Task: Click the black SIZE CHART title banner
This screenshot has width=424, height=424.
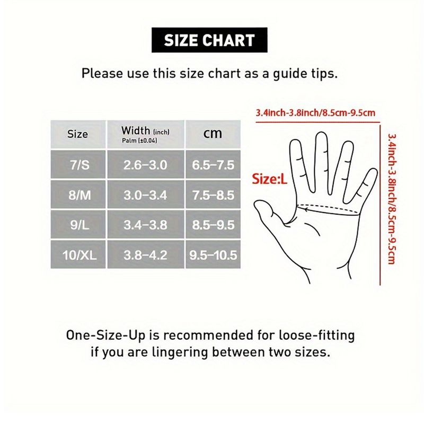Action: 209,40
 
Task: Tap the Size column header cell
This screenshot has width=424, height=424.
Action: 78,135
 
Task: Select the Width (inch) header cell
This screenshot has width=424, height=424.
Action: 146,135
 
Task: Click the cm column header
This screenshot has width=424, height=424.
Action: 213,135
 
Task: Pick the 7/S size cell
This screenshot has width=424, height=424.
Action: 78,165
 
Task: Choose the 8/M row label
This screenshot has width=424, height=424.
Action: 78,195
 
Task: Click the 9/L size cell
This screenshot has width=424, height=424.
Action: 78,225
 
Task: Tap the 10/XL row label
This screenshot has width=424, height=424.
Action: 78,255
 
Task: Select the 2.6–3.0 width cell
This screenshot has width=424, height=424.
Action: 146,165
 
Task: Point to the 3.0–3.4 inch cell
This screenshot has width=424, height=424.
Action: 146,195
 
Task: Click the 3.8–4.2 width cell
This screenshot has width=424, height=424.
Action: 146,255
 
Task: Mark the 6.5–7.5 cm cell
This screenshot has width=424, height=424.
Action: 213,165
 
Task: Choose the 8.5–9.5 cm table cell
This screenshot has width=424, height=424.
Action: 213,225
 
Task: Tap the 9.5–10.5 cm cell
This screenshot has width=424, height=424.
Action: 213,255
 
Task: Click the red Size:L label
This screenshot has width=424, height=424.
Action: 269,179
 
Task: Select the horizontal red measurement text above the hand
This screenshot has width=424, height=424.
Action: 315,113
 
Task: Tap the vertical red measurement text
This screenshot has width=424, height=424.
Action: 392,199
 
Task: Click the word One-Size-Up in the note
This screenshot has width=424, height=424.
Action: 105,335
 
